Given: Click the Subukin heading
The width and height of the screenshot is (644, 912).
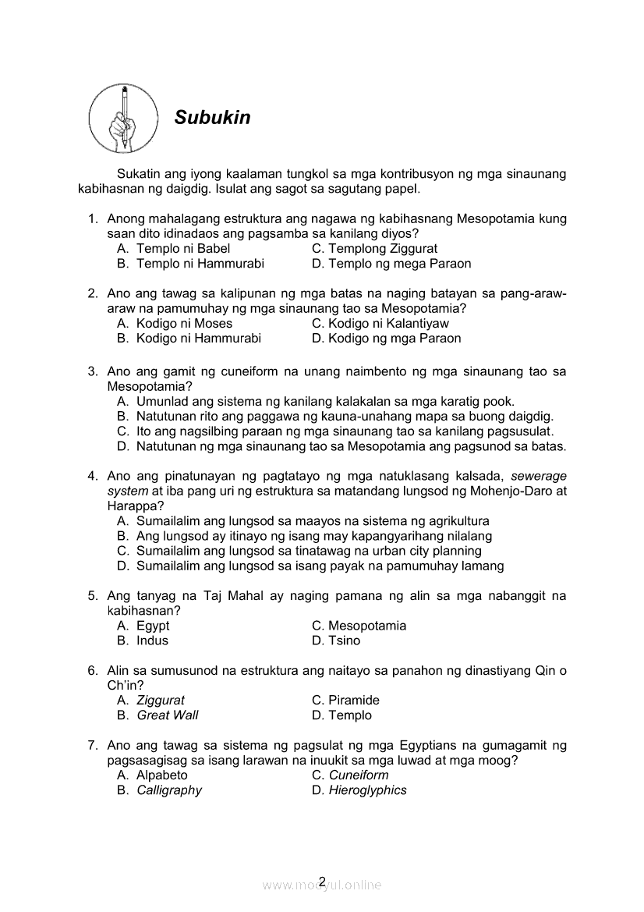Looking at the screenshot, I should point(212,118).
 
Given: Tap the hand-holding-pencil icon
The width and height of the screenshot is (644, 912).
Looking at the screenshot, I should point(124,119).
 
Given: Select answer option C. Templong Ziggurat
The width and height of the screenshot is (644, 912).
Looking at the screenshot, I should point(374,249).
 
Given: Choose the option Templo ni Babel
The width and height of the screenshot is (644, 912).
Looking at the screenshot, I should point(173,249).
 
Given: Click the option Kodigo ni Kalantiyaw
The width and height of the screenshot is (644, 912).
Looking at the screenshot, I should point(380,324).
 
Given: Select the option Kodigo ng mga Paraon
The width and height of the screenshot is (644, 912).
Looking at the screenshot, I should point(386,339).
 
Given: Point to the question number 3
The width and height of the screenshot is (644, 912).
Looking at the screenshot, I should point(92,372).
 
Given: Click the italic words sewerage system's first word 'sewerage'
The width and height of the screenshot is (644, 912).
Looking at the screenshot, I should point(539,476).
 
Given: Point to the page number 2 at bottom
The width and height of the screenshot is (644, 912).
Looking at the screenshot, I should point(322,882).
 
